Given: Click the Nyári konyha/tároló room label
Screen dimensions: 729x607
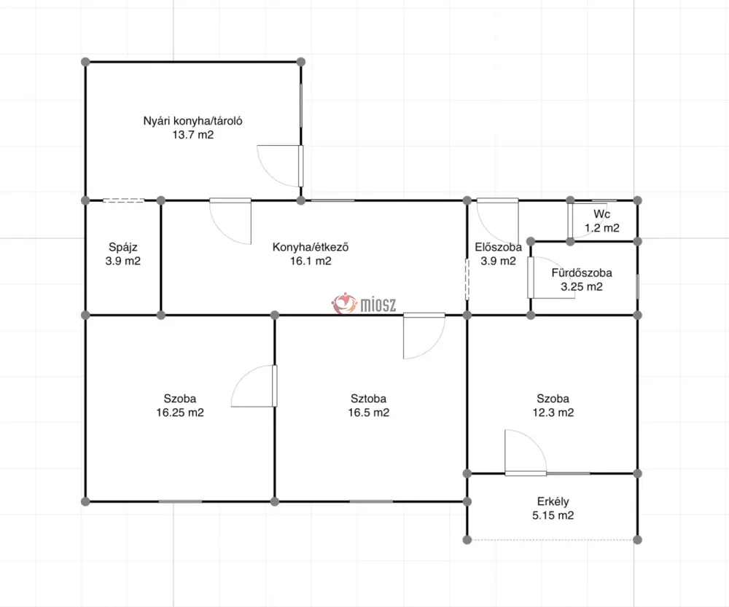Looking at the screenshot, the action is tap(192, 121).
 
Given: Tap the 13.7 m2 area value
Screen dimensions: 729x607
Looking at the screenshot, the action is tap(193, 135).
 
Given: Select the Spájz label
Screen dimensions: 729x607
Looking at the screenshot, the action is tap(122, 247).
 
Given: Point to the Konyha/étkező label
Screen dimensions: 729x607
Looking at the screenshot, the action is tap(311, 247).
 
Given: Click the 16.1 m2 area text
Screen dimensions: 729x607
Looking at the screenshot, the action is tap(311, 261).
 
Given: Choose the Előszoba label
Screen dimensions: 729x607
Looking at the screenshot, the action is tap(498, 247).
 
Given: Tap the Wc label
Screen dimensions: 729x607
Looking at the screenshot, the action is tap(601, 214).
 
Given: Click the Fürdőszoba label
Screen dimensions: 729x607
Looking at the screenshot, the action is tap(582, 273).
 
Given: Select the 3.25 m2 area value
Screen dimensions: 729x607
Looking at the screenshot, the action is tap(582, 286).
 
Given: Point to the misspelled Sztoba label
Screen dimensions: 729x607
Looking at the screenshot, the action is tap(368, 399).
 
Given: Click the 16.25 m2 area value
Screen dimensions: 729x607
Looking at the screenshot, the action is tap(180, 412).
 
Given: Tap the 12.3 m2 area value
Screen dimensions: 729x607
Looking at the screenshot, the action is tap(553, 412).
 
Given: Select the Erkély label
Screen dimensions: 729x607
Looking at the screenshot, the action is tap(553, 501).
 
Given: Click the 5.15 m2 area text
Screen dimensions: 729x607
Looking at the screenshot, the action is tap(553, 515).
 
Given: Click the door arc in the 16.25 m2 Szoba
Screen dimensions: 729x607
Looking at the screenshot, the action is tap(243, 377).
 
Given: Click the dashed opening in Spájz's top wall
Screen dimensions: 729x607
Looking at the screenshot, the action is tap(123, 200).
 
